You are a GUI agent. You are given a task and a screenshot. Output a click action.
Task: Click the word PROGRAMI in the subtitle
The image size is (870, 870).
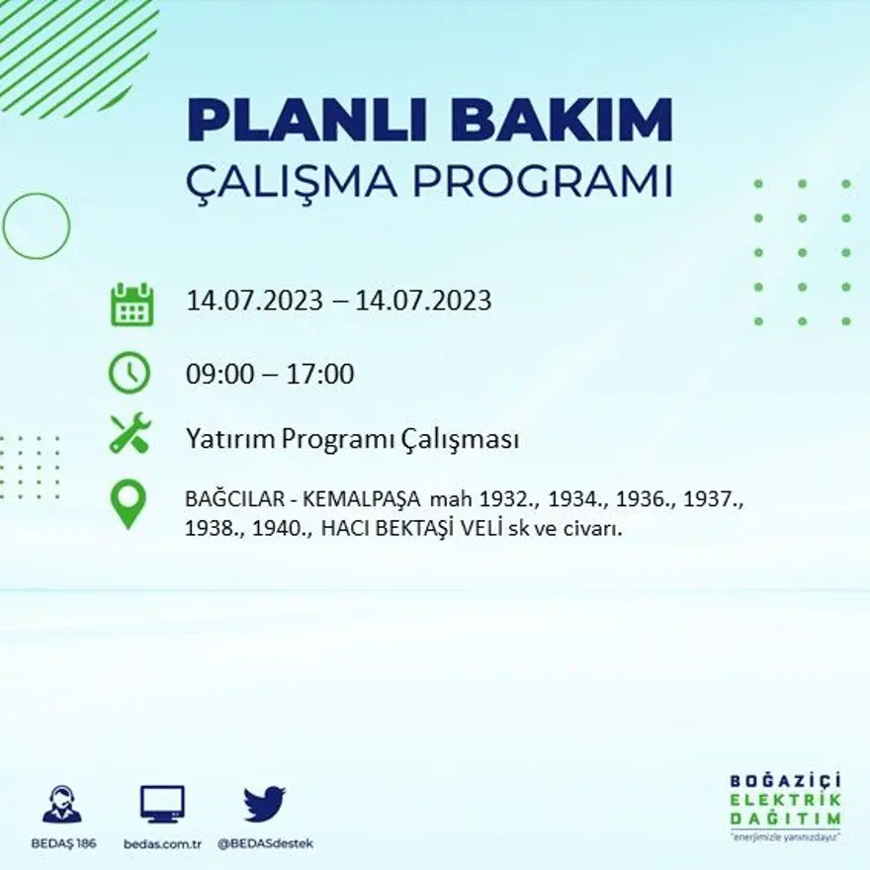[539, 182]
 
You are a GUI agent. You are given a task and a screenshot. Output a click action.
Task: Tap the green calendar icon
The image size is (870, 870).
[130, 304]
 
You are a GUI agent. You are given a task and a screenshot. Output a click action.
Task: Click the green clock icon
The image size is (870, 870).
[130, 374]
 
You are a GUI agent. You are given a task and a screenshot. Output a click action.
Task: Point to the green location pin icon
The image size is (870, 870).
[129, 503]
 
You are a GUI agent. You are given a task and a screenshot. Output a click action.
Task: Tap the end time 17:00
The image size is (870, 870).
[320, 375]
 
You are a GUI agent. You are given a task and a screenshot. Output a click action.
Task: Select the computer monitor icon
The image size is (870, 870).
[162, 804]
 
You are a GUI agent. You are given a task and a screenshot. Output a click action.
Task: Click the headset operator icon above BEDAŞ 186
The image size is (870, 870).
[62, 805]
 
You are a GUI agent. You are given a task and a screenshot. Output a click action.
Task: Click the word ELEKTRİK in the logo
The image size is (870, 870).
[786, 799]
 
